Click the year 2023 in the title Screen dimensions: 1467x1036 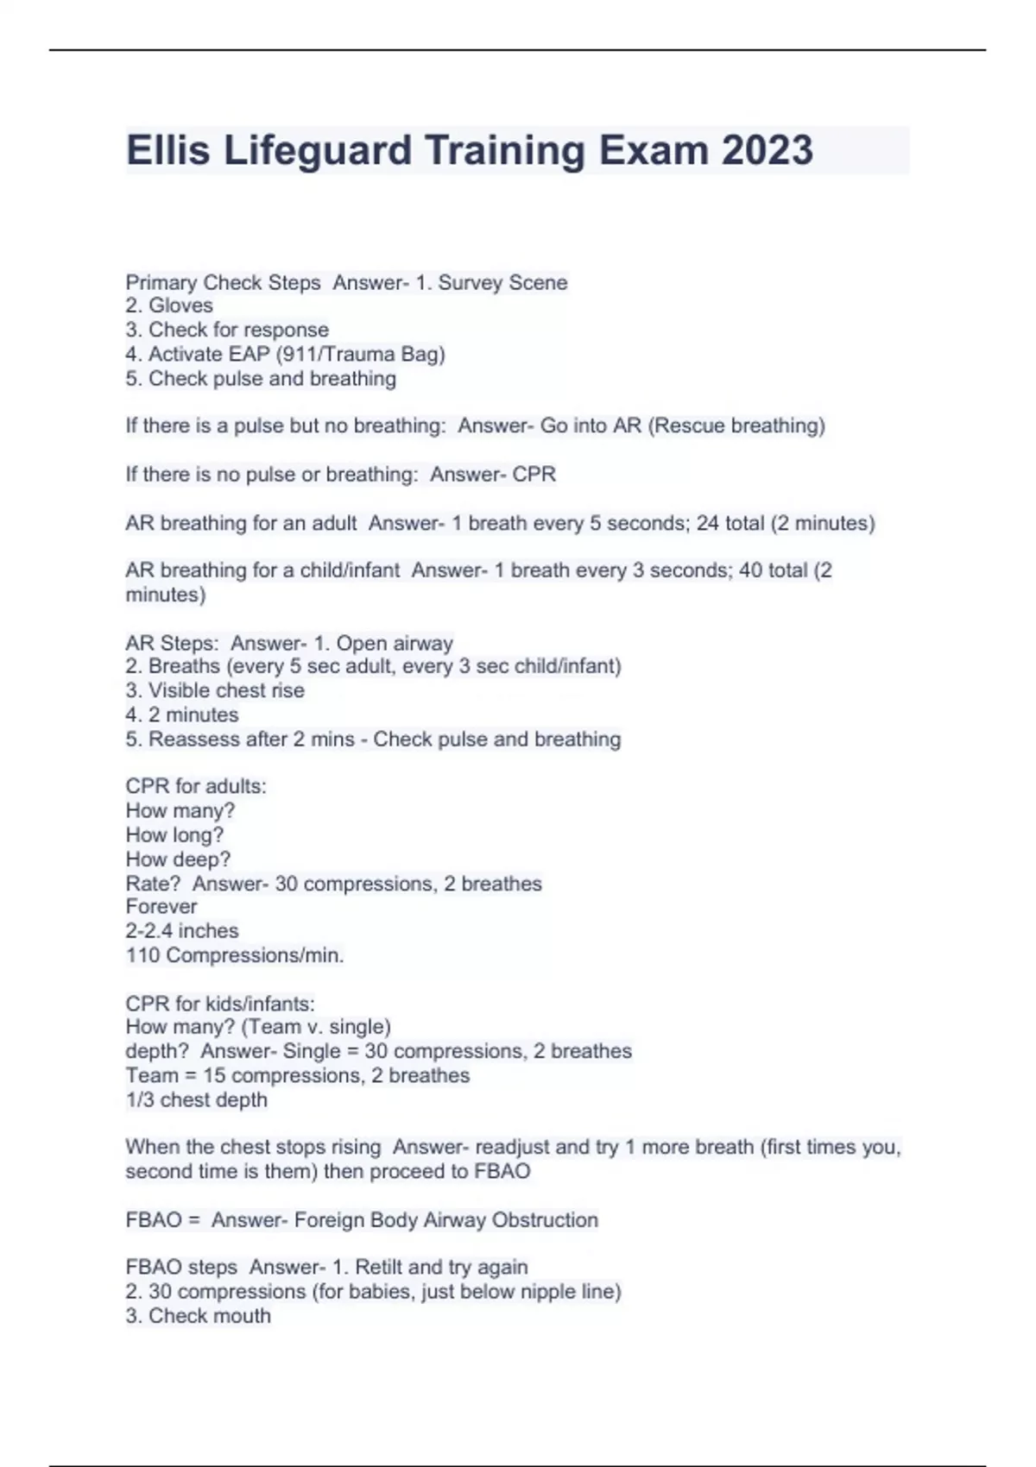click(x=767, y=150)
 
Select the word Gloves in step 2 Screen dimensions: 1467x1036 click(x=180, y=305)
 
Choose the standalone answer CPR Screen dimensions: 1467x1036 click(x=534, y=474)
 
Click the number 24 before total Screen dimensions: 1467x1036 click(x=708, y=523)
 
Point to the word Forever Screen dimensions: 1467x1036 click(x=161, y=907)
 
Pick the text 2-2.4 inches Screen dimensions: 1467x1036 click(x=182, y=931)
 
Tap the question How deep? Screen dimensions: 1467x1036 click(x=178, y=859)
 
